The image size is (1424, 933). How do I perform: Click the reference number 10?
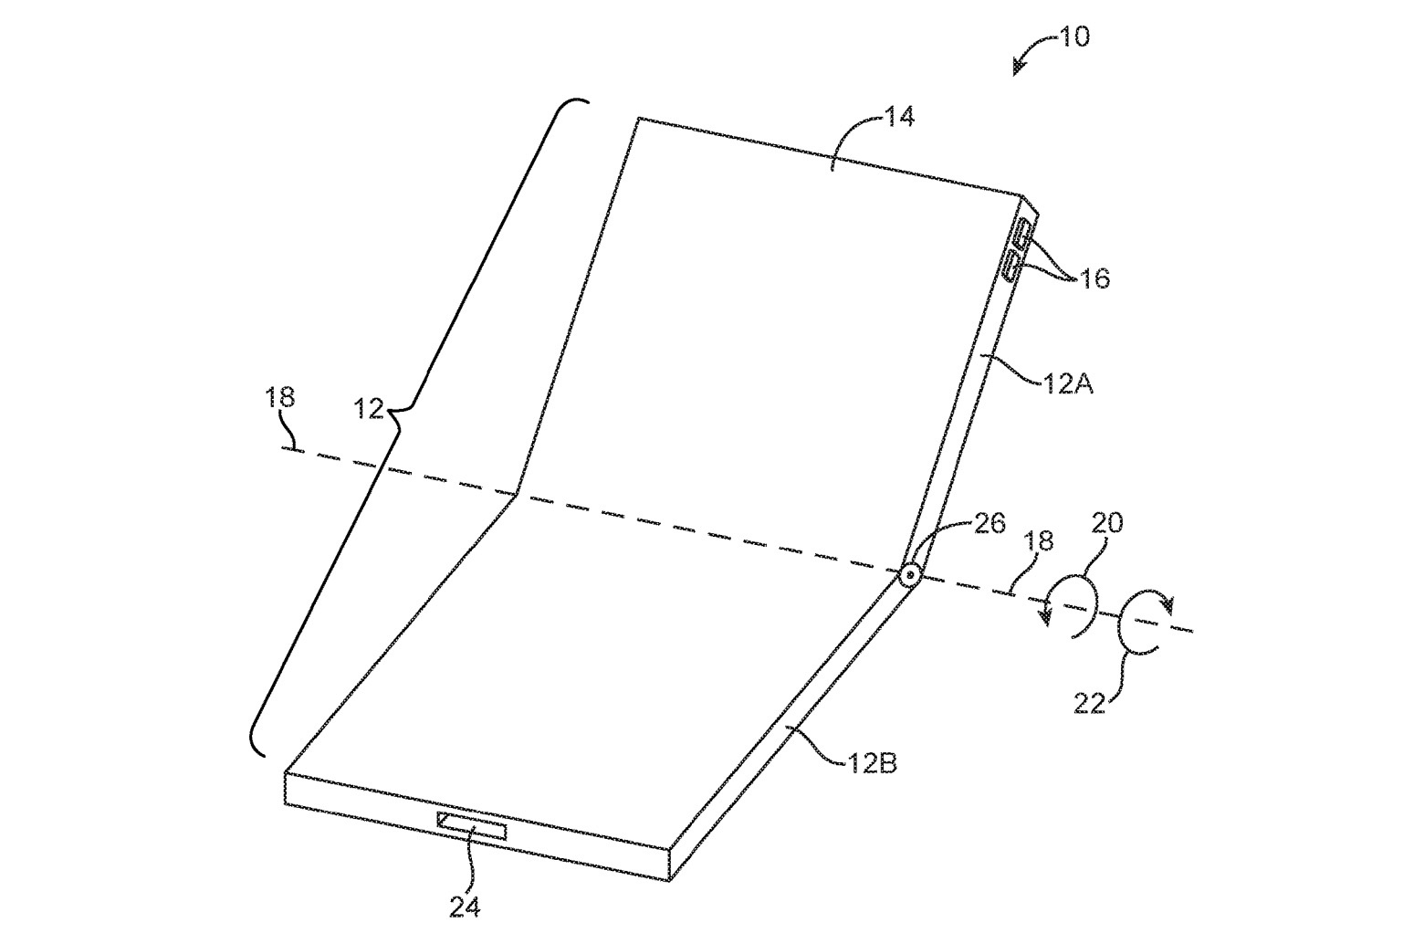(1074, 37)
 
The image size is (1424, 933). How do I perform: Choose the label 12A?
(1068, 384)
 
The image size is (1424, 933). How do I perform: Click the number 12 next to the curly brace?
(370, 408)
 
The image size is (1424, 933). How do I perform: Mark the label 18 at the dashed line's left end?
(280, 397)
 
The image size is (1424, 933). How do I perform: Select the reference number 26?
(989, 523)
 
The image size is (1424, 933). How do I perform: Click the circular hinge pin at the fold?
(910, 575)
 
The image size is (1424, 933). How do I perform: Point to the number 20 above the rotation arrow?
(1107, 523)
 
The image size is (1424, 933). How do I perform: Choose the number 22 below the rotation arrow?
(1090, 704)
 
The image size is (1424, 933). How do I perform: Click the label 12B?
(873, 763)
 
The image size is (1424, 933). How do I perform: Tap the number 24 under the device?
(465, 907)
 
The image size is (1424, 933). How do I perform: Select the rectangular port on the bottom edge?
(472, 825)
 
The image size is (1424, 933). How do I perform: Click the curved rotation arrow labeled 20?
(1071, 606)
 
